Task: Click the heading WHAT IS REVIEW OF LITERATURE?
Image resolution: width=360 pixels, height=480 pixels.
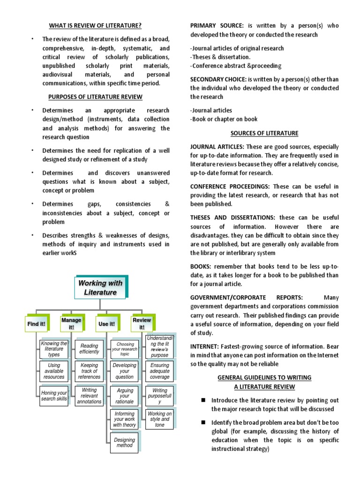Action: [96, 25]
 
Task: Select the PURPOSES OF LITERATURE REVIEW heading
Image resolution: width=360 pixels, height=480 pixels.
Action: [96, 97]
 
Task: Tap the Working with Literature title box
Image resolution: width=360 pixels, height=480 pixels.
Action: [100, 288]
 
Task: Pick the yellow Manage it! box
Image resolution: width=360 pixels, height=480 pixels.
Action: [71, 323]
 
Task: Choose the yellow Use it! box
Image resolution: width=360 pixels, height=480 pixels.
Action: [106, 323]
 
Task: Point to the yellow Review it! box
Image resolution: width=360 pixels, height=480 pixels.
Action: [142, 323]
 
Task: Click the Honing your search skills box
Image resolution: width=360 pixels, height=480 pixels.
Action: [54, 396]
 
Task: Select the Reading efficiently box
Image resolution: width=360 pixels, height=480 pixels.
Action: [90, 349]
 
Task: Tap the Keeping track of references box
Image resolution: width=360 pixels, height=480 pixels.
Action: [90, 371]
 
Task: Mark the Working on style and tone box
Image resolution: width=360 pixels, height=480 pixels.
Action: [160, 419]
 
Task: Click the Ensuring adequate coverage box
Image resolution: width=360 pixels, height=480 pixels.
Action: [160, 371]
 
